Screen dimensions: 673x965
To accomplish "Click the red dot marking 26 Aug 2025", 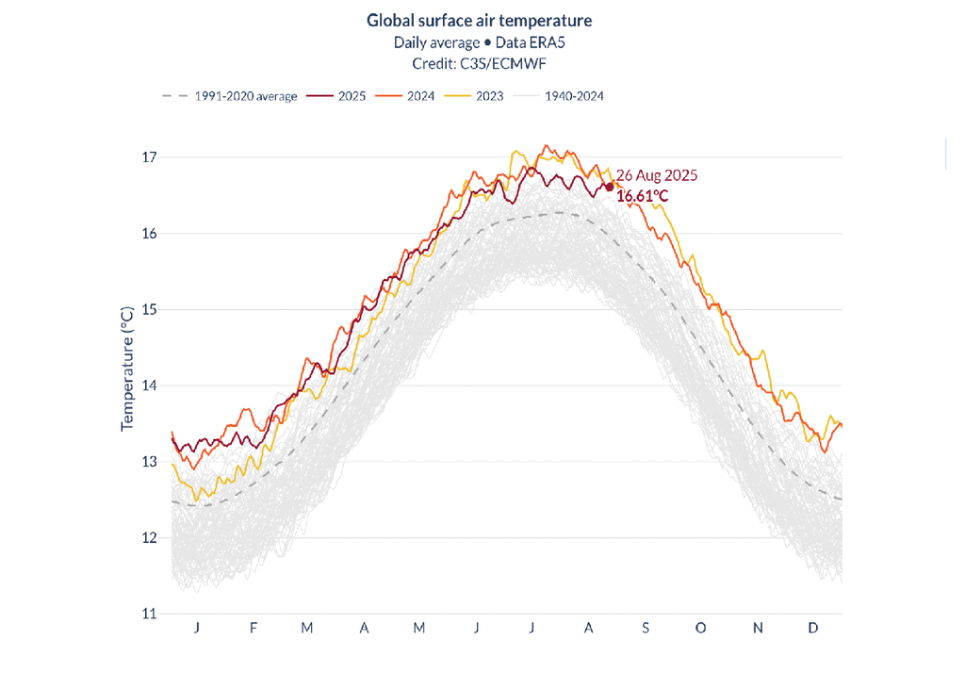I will [609, 187].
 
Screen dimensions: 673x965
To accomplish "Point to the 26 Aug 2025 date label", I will [656, 176].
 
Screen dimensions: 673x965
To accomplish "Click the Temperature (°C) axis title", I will [127, 369].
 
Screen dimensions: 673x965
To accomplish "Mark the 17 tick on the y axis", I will [148, 156].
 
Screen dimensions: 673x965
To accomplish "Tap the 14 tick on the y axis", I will [148, 386].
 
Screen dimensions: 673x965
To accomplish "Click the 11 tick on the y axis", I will [148, 614].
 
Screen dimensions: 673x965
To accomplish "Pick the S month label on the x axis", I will [645, 628].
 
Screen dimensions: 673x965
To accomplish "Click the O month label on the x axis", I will [700, 628].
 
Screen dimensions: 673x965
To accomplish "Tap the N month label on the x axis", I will [758, 628].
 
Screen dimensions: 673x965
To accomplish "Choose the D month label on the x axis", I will [813, 628].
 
